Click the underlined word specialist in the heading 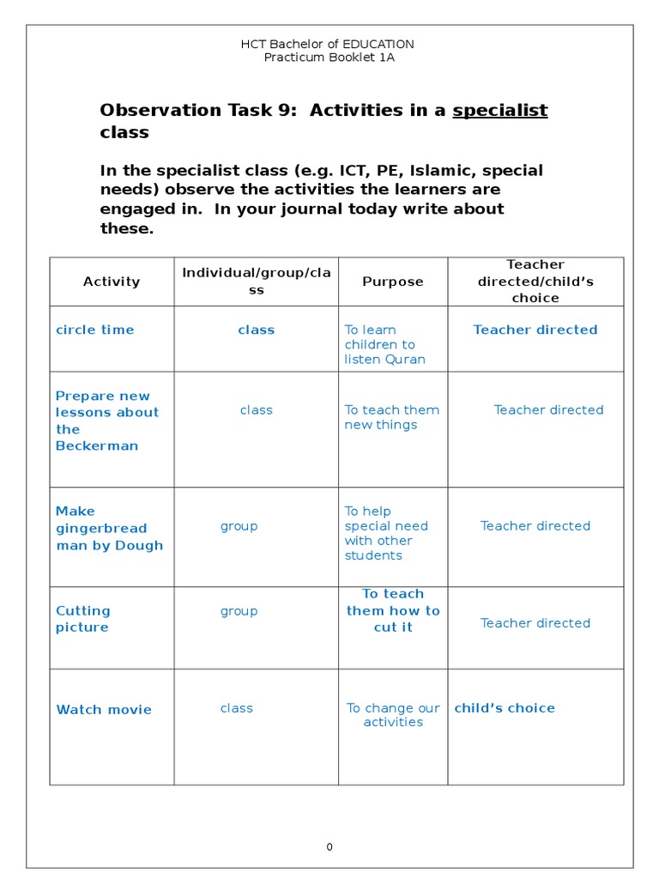[x=499, y=110]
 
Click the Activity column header [x=112, y=282]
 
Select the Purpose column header [x=393, y=282]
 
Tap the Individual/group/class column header [x=256, y=282]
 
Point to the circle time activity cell [x=95, y=330]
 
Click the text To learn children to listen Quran [x=384, y=344]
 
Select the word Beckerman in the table [x=97, y=446]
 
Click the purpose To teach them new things [x=391, y=417]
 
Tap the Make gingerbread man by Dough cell [x=109, y=528]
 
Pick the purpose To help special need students [x=386, y=533]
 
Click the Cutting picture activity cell [x=83, y=619]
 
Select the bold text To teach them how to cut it [x=393, y=610]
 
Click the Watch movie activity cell [x=104, y=709]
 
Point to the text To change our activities [x=393, y=715]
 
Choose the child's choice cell [x=505, y=708]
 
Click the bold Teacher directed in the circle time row [x=535, y=330]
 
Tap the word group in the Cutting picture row [x=239, y=611]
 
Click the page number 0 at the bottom [x=329, y=847]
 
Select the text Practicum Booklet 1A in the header [x=329, y=58]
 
